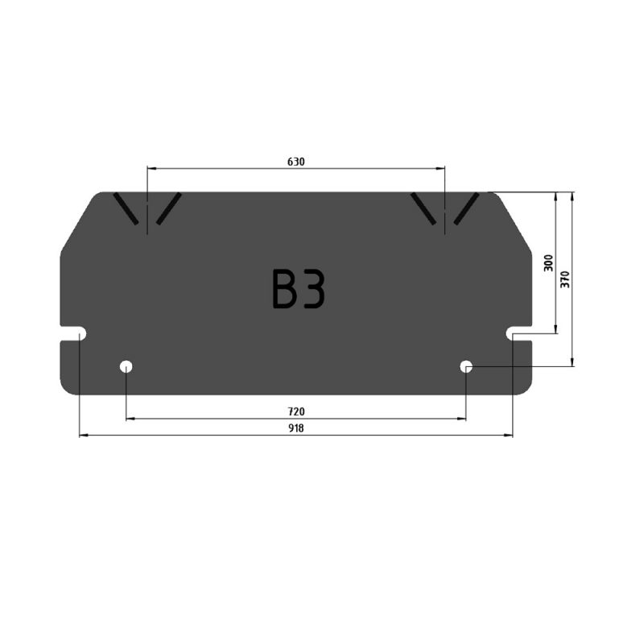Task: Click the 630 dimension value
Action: tap(295, 162)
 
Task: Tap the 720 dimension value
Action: tap(295, 411)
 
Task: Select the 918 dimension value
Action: tap(295, 428)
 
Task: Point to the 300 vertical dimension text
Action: tap(548, 263)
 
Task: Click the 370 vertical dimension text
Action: tap(565, 279)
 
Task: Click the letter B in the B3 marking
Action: tap(283, 288)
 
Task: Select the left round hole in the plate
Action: tap(126, 366)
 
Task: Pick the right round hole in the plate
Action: tap(466, 366)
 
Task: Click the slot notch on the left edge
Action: tap(73, 333)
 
